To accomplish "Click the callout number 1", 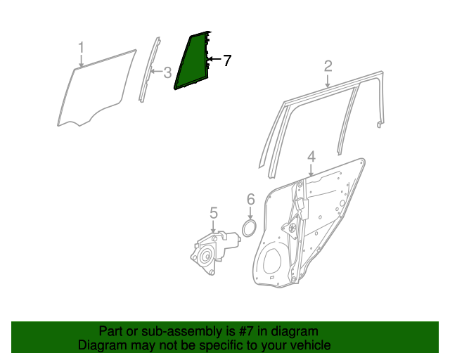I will (x=81, y=47).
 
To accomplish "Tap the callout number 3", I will (x=167, y=72).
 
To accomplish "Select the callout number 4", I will (x=311, y=157).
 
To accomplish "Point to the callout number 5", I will (x=214, y=212).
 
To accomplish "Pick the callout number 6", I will (x=250, y=200).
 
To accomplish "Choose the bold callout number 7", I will (x=226, y=60).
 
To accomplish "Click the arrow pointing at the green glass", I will (x=215, y=60).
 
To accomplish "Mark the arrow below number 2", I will (x=328, y=82).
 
